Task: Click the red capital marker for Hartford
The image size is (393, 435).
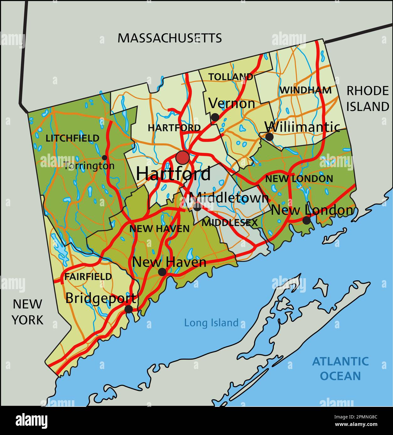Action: click(x=182, y=157)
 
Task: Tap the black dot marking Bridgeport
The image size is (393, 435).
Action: click(x=128, y=309)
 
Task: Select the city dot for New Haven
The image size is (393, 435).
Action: click(x=162, y=272)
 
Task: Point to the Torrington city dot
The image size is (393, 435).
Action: click(x=104, y=158)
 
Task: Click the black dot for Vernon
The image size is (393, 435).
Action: click(x=215, y=117)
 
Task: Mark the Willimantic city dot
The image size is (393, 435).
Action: click(x=269, y=137)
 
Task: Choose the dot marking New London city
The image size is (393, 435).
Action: click(x=307, y=221)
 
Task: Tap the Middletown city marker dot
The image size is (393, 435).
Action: click(x=197, y=207)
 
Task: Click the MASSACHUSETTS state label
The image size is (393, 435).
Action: click(x=170, y=38)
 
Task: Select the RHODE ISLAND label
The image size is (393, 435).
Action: click(x=367, y=99)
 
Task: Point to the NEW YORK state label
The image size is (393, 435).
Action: click(x=27, y=312)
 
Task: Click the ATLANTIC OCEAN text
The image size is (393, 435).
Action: click(x=340, y=368)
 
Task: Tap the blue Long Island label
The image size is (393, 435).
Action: click(x=211, y=323)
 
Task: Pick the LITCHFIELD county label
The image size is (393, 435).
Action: click(x=72, y=138)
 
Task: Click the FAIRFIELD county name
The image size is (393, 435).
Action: click(x=88, y=277)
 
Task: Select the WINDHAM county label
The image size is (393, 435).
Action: click(x=305, y=90)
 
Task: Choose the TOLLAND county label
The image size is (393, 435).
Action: click(x=231, y=77)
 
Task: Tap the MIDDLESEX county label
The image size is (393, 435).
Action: click(x=229, y=223)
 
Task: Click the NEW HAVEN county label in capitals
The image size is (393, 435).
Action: click(x=160, y=229)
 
